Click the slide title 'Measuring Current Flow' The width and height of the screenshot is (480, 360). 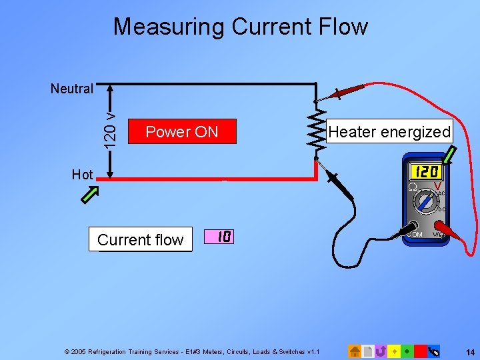click(x=240, y=27)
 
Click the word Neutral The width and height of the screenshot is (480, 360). click(x=71, y=89)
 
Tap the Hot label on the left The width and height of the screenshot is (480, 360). click(x=82, y=175)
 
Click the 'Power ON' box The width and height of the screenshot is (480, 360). click(x=182, y=131)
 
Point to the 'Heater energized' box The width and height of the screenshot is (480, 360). click(x=390, y=131)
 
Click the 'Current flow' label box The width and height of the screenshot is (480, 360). click(x=140, y=239)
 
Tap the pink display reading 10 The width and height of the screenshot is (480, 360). click(x=223, y=237)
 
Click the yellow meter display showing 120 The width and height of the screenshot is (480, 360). click(x=426, y=171)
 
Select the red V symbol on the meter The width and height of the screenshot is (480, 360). click(x=437, y=186)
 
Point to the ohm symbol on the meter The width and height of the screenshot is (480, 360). click(x=412, y=187)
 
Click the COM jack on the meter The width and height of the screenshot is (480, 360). click(x=414, y=227)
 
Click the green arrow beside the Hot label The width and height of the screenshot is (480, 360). click(x=90, y=195)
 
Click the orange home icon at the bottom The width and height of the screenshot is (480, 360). click(x=356, y=351)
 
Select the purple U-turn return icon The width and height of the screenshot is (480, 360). click(x=381, y=351)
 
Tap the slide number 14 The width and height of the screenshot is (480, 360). click(x=469, y=351)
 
